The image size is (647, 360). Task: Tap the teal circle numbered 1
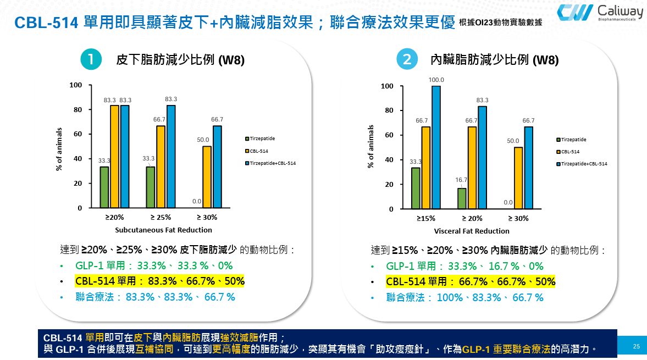click(x=92, y=59)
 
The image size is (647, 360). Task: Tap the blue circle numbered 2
click(x=407, y=60)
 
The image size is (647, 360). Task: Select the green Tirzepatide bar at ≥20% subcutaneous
click(x=104, y=187)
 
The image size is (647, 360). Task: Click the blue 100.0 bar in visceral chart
click(x=436, y=147)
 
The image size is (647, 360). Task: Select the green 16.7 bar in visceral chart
click(x=462, y=198)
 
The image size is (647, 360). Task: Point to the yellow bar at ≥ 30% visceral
click(x=518, y=178)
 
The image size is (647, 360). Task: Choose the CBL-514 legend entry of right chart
click(x=571, y=152)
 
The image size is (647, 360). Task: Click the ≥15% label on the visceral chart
click(x=425, y=218)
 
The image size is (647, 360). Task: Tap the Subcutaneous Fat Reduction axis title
click(x=163, y=230)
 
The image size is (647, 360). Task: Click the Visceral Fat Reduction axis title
click(x=472, y=231)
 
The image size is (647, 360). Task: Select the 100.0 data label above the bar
click(x=436, y=80)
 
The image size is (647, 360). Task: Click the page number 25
click(x=637, y=346)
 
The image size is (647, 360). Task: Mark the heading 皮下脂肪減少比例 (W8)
click(x=180, y=60)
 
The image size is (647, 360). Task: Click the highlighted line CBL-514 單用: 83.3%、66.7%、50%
click(x=160, y=281)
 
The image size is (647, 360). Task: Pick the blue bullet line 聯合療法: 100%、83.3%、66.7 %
click(x=464, y=297)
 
